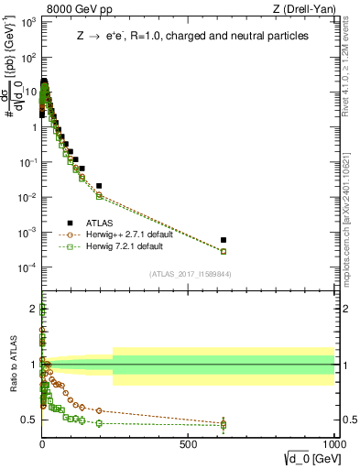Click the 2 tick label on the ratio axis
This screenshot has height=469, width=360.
point(33,308)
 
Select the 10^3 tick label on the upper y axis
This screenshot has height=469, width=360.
point(27,21)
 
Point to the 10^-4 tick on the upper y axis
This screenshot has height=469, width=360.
point(27,267)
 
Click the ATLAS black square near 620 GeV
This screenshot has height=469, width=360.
point(224,240)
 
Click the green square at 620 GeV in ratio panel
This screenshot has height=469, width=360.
point(224,425)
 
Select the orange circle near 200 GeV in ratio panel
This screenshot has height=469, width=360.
point(99,410)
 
